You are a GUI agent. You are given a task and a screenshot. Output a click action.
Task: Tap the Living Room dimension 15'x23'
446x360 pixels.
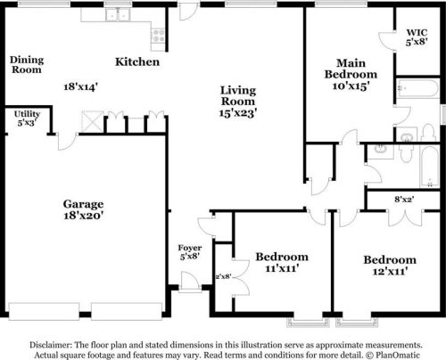click(238, 113)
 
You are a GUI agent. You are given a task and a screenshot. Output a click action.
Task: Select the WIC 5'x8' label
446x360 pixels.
click(417, 37)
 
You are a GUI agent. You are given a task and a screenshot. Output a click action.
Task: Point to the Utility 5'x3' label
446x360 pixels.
click(27, 119)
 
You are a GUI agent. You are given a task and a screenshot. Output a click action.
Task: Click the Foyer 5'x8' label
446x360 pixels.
click(190, 252)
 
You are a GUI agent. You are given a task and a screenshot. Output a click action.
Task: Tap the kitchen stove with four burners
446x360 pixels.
click(158, 36)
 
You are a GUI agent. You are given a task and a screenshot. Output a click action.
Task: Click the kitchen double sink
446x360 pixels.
click(118, 15)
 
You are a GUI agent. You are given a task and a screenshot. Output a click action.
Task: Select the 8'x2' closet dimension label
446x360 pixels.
click(404, 200)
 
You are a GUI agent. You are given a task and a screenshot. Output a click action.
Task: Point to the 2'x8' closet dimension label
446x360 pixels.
click(223, 276)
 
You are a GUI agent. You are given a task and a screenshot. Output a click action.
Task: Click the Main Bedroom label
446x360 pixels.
click(351, 74)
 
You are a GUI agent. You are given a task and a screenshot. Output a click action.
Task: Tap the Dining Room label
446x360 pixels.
click(27, 64)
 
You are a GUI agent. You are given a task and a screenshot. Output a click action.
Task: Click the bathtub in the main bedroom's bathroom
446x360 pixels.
click(417, 87)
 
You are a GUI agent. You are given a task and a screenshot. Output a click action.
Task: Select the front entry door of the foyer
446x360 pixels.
click(190, 282)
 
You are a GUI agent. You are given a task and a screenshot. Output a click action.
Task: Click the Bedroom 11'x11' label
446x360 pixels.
click(282, 262)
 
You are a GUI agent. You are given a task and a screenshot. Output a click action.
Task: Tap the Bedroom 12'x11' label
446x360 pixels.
click(390, 266)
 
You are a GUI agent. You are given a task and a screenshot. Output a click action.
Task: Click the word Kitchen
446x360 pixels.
click(137, 61)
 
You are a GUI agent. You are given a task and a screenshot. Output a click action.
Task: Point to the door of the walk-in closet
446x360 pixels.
click(387, 40)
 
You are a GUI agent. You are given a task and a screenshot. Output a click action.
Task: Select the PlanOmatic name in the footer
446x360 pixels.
click(398, 355)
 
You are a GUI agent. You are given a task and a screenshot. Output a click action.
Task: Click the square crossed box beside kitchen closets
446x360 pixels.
click(93, 121)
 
